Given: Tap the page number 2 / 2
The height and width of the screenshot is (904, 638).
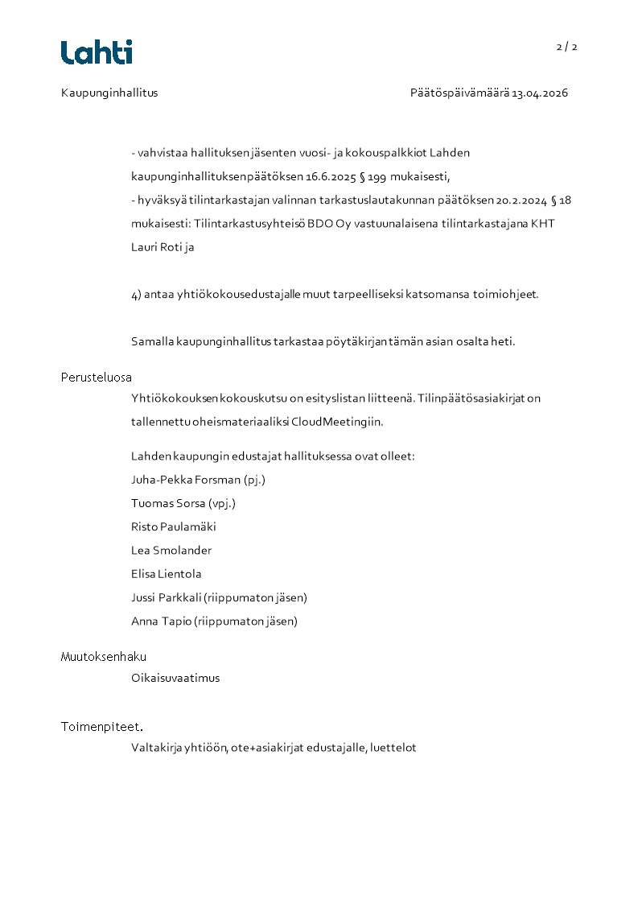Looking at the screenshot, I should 566,47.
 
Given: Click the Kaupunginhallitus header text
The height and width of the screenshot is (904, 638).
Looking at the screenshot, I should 109,93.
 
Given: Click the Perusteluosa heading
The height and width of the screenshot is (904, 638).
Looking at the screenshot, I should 97,377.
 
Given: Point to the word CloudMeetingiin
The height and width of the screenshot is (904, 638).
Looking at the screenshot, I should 337,421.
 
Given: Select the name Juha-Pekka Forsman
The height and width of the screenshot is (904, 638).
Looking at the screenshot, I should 186,480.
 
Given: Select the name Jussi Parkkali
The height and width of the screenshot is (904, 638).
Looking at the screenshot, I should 166,597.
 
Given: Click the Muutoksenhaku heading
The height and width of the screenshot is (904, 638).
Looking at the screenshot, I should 104,656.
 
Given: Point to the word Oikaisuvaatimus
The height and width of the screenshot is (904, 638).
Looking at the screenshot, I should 175,678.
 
